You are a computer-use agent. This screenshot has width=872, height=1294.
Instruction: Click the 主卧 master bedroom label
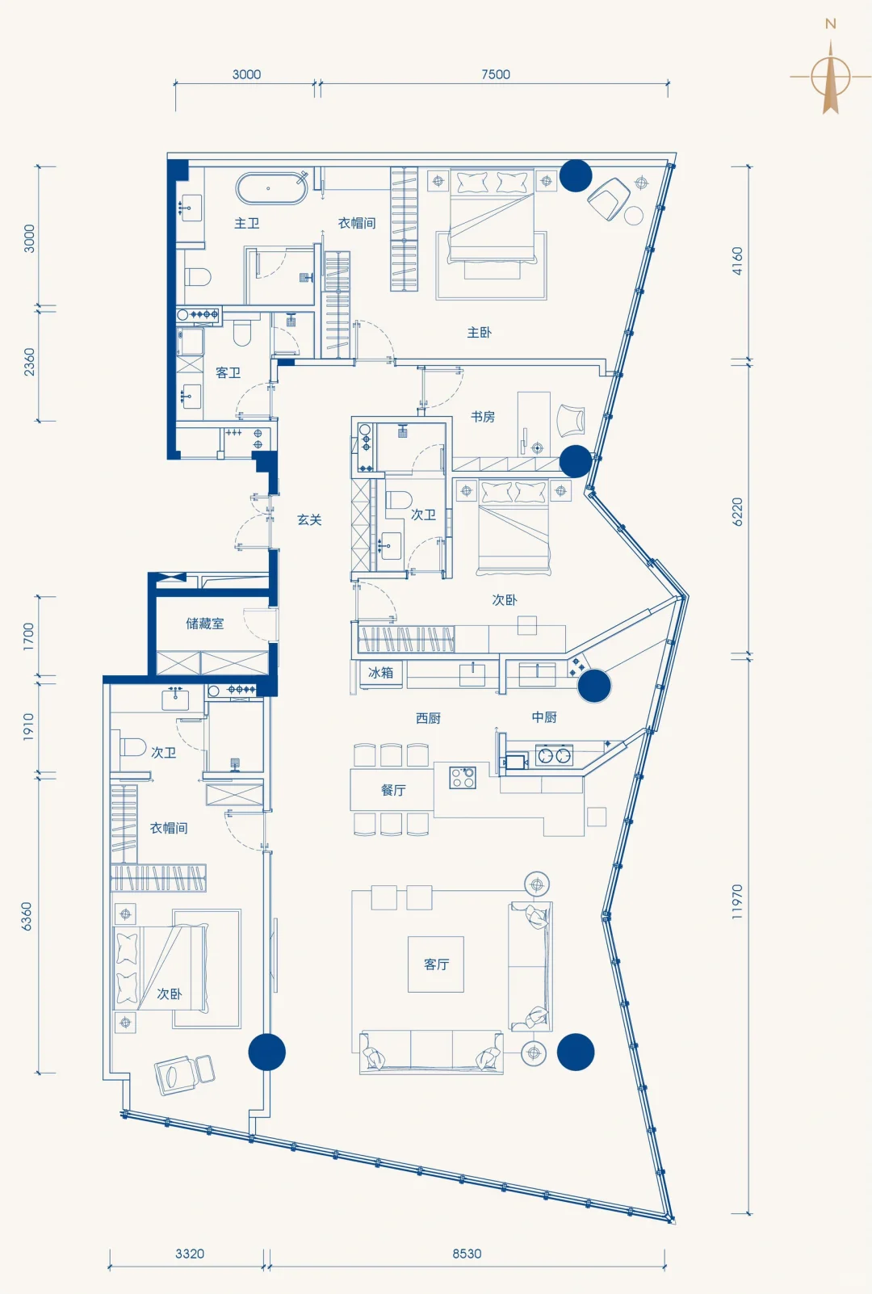click(479, 332)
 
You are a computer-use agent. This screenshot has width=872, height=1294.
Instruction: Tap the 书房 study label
click(483, 417)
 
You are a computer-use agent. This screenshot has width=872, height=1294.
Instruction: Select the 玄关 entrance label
click(309, 519)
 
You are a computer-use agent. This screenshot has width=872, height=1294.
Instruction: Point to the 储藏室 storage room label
click(205, 624)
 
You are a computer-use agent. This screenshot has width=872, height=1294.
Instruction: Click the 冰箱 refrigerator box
click(380, 673)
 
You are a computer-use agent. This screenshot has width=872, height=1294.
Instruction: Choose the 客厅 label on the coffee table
click(436, 964)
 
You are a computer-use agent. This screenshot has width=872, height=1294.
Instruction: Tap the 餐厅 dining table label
click(393, 790)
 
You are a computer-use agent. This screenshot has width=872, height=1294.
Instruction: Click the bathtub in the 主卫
click(271, 189)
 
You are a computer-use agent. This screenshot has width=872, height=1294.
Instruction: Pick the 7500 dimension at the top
click(496, 74)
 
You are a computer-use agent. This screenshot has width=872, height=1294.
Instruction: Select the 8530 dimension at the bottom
click(467, 1254)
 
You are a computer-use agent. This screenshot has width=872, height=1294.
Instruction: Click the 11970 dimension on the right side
click(736, 901)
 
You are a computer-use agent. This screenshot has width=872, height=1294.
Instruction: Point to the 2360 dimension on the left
click(29, 362)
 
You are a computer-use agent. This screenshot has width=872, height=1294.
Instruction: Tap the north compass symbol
click(831, 78)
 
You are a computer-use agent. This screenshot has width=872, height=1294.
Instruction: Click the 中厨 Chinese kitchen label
click(544, 717)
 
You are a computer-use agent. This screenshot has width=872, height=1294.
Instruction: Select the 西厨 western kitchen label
click(428, 718)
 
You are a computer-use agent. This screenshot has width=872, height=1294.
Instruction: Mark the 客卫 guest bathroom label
click(228, 372)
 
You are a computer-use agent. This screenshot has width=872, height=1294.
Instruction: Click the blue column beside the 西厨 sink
click(594, 686)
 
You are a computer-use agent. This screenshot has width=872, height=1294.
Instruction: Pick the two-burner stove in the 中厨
click(555, 756)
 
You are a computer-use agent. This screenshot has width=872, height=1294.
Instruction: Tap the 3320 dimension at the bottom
click(190, 1254)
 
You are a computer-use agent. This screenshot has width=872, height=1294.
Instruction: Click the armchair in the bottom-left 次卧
click(184, 1073)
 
